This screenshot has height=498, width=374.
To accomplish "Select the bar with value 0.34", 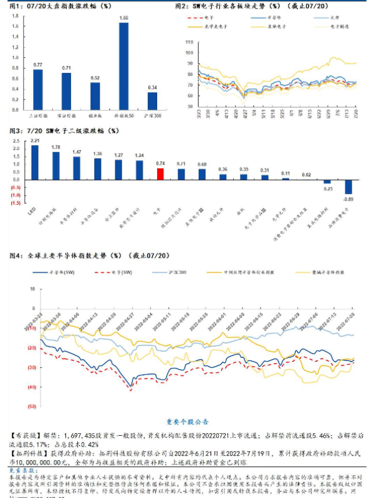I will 152,101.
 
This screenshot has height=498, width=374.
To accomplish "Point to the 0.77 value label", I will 37,65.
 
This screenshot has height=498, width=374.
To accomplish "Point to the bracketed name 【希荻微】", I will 27,431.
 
